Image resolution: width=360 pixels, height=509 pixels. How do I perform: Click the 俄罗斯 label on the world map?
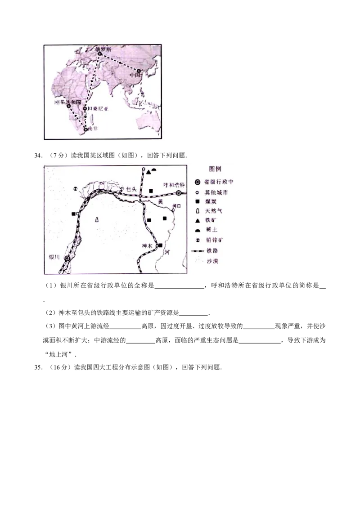[101, 47]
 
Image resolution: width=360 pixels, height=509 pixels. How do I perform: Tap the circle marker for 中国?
[139, 71]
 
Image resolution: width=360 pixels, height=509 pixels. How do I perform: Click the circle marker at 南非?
[86, 129]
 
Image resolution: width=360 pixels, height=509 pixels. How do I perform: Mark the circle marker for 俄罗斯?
[100, 54]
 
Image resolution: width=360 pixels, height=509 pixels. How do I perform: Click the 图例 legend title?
[216, 169]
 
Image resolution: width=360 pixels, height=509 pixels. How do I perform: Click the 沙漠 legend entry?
[211, 261]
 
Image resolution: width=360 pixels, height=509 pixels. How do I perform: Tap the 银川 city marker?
[67, 259]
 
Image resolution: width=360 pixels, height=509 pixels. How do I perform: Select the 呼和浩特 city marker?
[179, 193]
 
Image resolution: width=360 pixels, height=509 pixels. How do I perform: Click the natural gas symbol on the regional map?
[97, 219]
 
